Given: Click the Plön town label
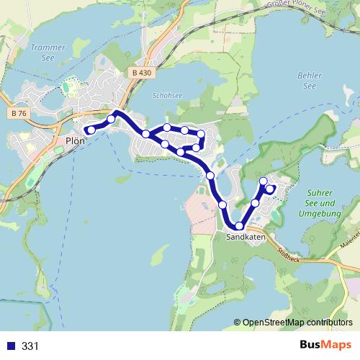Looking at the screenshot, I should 75,141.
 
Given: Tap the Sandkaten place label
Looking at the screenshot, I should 246,237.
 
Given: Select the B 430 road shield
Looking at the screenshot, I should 143,73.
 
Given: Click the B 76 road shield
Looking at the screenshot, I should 19,113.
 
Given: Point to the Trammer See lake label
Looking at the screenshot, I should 48,52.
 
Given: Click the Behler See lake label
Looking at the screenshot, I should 310,81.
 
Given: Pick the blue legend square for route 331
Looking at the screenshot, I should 9,346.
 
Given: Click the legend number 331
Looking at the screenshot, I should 30,346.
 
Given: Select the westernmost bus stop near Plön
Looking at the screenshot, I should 91,130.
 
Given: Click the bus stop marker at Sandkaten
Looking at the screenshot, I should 239,226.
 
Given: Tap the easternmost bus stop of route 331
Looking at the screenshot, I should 270,189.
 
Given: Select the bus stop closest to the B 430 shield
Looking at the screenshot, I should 112,119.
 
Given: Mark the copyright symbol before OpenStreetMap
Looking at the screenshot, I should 237,322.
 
